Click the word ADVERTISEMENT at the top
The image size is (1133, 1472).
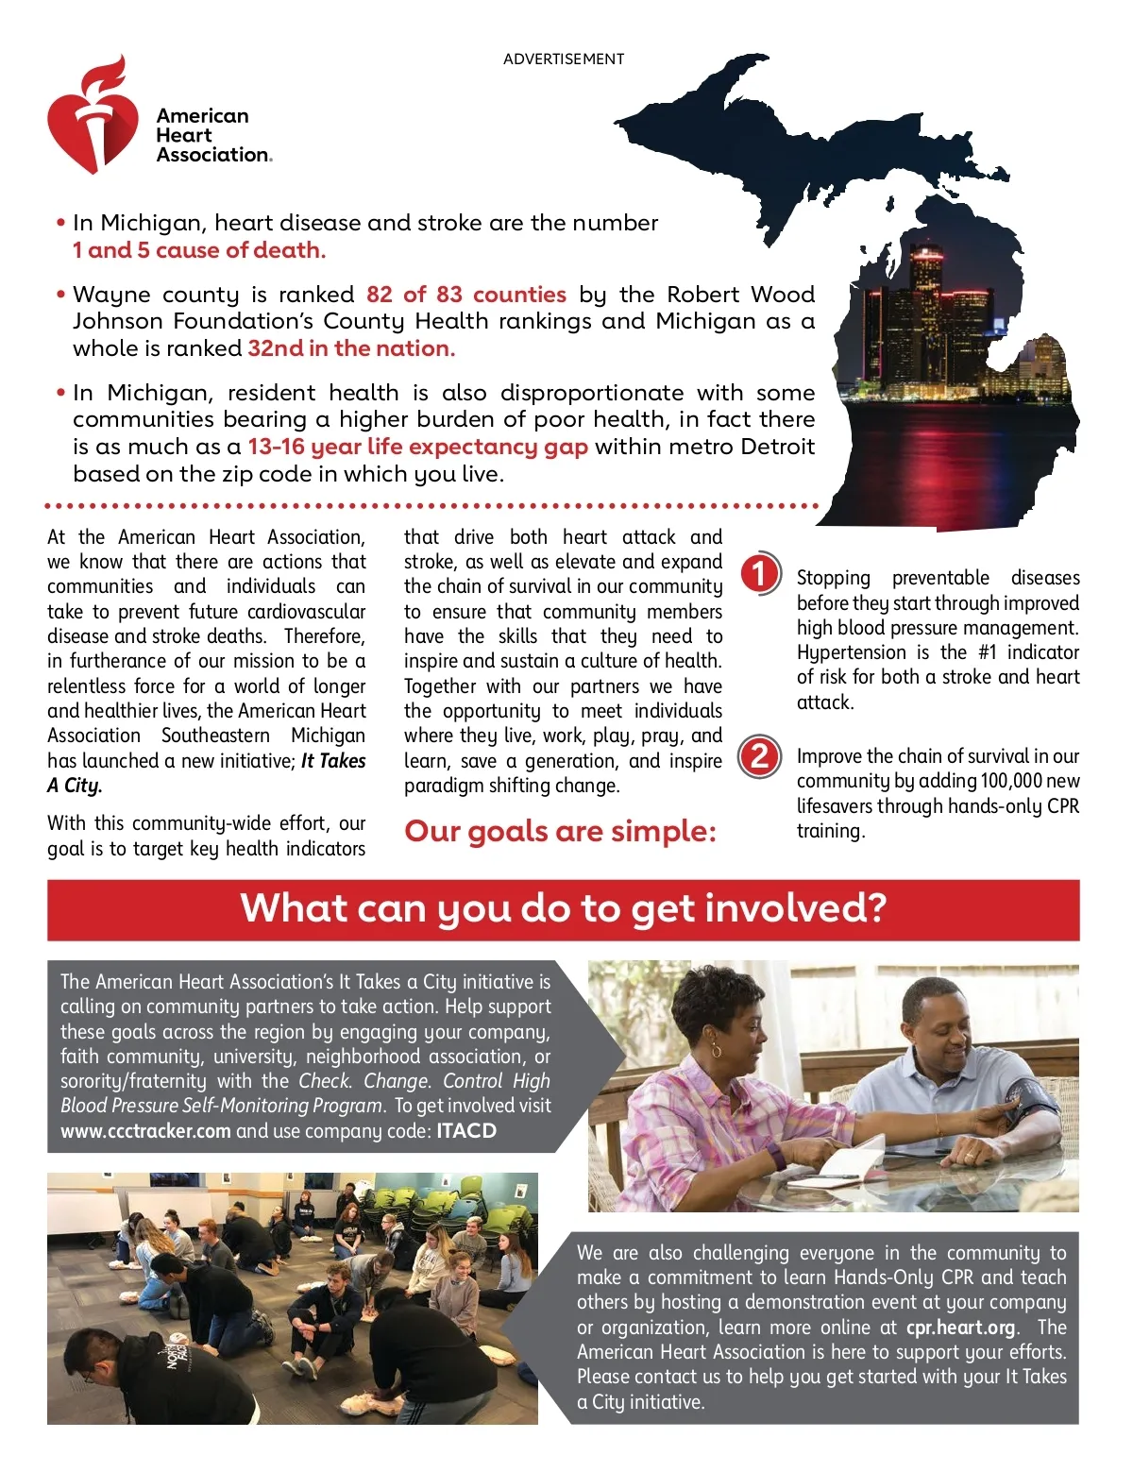[x=564, y=59]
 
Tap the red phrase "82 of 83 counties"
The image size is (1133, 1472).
[x=465, y=295]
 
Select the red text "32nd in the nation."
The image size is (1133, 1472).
[x=351, y=348]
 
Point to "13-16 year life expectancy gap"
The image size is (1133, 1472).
[x=417, y=447]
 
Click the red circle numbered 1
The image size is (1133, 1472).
[x=759, y=574]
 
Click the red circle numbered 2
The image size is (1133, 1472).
[x=759, y=757]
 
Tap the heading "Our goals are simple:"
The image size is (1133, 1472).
[x=560, y=832]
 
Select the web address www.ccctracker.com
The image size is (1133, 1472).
[x=145, y=1131]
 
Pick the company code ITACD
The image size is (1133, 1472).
[x=466, y=1131]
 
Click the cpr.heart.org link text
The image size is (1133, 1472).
[x=960, y=1328]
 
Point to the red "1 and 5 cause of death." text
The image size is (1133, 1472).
[x=199, y=250]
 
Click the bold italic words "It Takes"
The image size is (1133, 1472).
[x=333, y=761]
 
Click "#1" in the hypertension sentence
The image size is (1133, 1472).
[x=987, y=652]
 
